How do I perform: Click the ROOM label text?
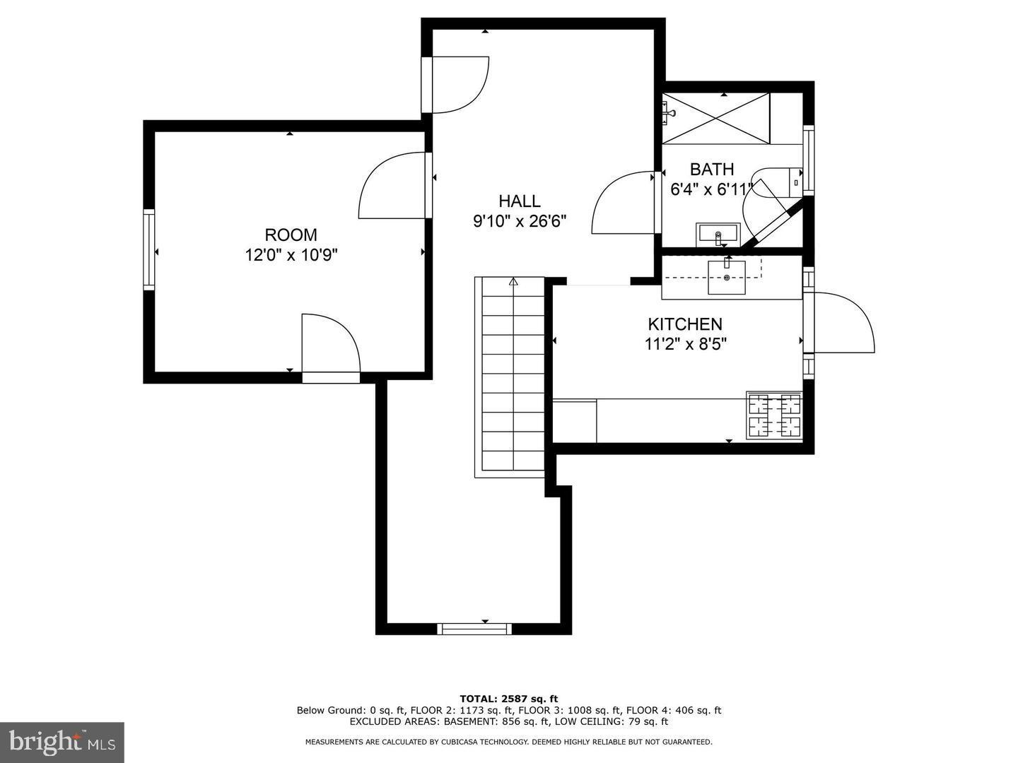click(291, 235)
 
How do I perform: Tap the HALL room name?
click(520, 201)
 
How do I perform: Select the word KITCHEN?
click(685, 324)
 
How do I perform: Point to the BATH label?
click(712, 170)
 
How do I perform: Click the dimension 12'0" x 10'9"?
click(291, 255)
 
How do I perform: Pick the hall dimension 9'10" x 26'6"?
click(520, 221)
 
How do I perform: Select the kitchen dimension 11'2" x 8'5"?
click(685, 344)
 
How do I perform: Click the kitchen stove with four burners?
click(774, 415)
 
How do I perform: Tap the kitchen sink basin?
click(726, 278)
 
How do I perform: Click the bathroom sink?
click(718, 235)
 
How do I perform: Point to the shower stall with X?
click(715, 118)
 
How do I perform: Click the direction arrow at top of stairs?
click(513, 281)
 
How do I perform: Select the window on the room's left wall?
click(149, 249)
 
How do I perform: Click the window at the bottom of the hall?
click(474, 628)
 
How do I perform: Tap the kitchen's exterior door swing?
click(839, 322)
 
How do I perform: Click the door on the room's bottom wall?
click(331, 348)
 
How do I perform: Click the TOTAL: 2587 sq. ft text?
click(509, 699)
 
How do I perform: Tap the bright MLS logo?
click(62, 742)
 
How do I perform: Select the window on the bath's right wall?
click(809, 160)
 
